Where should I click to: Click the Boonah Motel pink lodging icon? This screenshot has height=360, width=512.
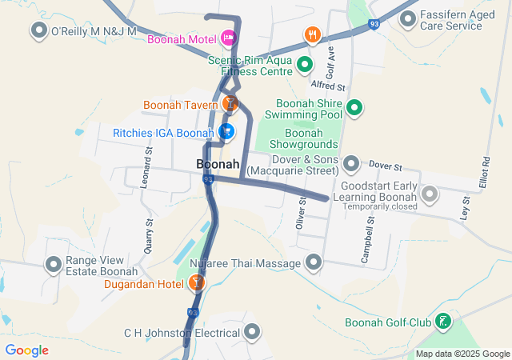228,38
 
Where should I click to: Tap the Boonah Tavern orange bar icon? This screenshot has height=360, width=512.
230,103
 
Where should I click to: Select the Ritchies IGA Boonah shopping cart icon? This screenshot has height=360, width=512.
226,131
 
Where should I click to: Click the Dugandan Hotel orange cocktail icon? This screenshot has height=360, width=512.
196,282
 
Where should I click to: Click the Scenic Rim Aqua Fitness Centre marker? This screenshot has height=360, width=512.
304,64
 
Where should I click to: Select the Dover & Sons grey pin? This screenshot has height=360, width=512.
350,164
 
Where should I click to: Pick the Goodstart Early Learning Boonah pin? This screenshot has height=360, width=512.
430,193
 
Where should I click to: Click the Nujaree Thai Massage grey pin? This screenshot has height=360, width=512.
313,262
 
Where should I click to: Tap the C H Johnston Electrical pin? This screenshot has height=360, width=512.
253,331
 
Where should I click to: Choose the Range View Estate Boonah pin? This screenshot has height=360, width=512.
54,263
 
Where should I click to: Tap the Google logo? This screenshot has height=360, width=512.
26,350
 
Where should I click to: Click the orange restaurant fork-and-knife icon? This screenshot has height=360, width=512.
311,35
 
